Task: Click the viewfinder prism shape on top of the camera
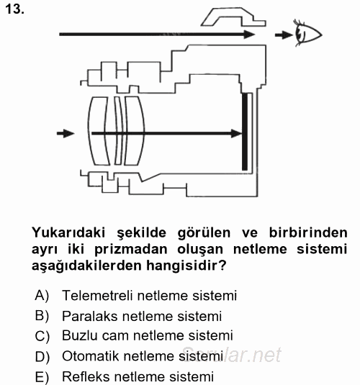(x=229, y=17)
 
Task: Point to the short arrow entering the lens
(x=65, y=133)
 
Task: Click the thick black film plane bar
(x=245, y=132)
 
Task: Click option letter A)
(x=42, y=296)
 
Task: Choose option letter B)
(x=42, y=316)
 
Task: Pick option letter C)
(x=42, y=336)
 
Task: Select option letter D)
(x=42, y=356)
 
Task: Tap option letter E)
(x=42, y=376)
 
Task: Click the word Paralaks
(x=88, y=315)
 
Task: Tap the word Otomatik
(x=90, y=355)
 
